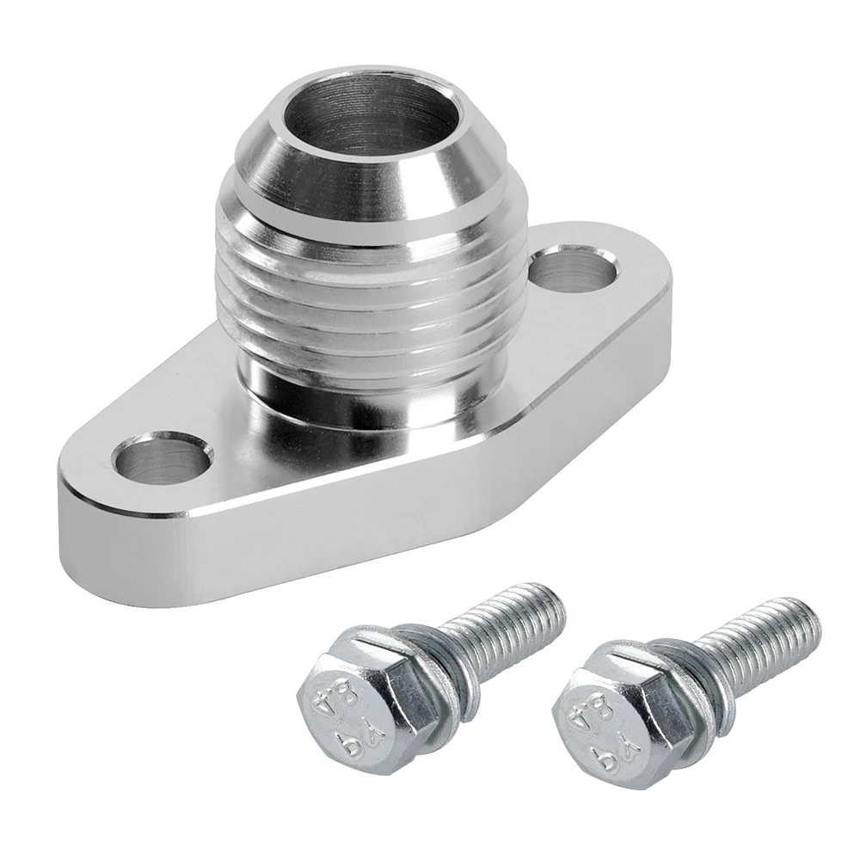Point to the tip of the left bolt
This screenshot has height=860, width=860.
tap(555, 602)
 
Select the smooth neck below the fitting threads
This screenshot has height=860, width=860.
tap(370, 387)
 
